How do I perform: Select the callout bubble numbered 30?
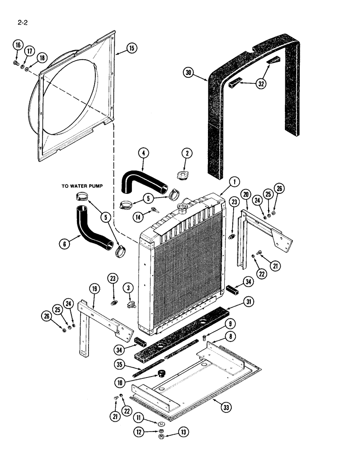point(188,72)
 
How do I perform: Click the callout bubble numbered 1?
point(234,181)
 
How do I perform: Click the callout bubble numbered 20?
point(246,193)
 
